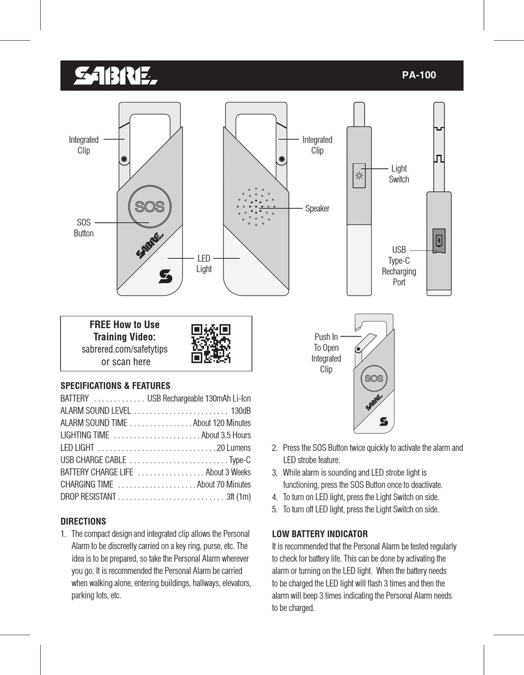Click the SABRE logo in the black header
click(x=115, y=76)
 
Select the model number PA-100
click(x=419, y=76)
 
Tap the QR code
click(x=211, y=344)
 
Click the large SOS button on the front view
click(x=149, y=207)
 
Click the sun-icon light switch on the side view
click(x=359, y=176)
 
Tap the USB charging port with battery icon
click(x=439, y=241)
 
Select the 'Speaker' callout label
click(x=317, y=208)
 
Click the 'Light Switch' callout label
click(x=399, y=174)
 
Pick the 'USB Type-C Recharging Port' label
click(x=399, y=266)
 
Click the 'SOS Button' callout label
click(x=84, y=228)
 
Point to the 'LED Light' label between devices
click(x=204, y=264)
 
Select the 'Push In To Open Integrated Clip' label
click(x=326, y=353)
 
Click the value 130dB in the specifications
click(x=240, y=411)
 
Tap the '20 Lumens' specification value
click(x=234, y=448)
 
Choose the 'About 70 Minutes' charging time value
click(x=223, y=484)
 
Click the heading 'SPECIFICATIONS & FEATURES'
click(x=115, y=386)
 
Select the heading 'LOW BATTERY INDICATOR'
click(x=320, y=534)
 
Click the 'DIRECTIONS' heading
click(x=83, y=521)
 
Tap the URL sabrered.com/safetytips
click(x=125, y=350)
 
